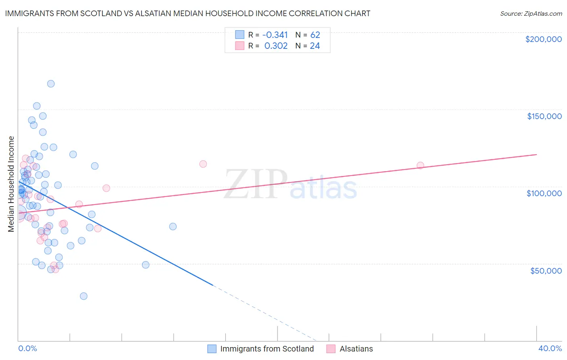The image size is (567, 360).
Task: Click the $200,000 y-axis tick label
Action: [x=543, y=39]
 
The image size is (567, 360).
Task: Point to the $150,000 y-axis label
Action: [x=544, y=116]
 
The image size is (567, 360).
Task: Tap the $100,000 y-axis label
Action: [x=544, y=193]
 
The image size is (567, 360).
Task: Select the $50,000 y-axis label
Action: [x=546, y=270]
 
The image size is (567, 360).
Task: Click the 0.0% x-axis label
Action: [x=27, y=348]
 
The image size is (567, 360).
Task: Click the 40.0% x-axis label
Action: [x=550, y=348]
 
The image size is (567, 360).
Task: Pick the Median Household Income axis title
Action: [x=11, y=184]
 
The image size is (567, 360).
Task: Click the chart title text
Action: [x=188, y=13]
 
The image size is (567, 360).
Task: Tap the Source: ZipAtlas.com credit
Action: [x=531, y=13]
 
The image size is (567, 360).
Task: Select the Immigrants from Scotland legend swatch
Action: [x=212, y=349]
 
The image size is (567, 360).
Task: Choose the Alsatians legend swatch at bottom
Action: [x=331, y=349]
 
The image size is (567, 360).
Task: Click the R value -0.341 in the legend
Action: [x=275, y=35]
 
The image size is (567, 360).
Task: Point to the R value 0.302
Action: [x=276, y=46]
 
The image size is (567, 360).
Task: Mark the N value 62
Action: [x=315, y=35]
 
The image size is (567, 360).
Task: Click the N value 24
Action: [x=315, y=46]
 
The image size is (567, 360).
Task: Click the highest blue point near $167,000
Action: [x=51, y=84]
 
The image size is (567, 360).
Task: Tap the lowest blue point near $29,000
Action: [x=83, y=296]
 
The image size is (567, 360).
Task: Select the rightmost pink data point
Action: [x=420, y=165]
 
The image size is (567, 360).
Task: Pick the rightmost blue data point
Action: [x=173, y=226]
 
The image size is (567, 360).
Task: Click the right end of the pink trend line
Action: [x=536, y=155]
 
